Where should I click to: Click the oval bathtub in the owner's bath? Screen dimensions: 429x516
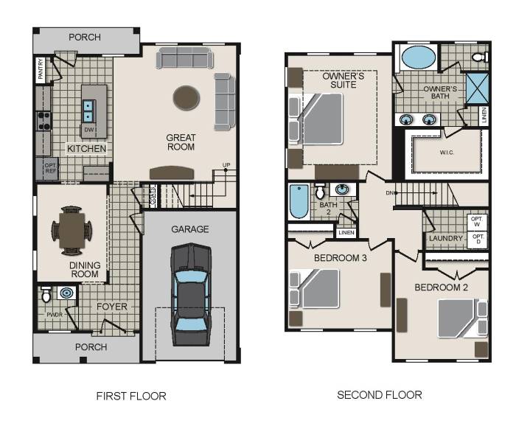(417, 57)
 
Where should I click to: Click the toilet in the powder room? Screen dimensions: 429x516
(46, 296)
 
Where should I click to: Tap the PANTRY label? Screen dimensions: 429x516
(41, 69)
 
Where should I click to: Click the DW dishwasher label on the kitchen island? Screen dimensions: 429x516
(88, 130)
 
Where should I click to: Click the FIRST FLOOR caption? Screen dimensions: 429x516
(131, 396)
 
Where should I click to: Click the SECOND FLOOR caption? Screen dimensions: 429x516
(380, 395)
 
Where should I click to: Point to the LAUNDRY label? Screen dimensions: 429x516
(446, 238)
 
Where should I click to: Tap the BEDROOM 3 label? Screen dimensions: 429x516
(341, 258)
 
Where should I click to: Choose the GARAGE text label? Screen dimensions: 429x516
(190, 229)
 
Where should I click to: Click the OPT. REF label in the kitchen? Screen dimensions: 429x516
(51, 167)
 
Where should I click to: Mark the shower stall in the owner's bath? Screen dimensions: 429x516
(476, 88)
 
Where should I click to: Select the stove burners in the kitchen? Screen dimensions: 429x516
(43, 121)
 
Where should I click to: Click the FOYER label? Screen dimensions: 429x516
(111, 307)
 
